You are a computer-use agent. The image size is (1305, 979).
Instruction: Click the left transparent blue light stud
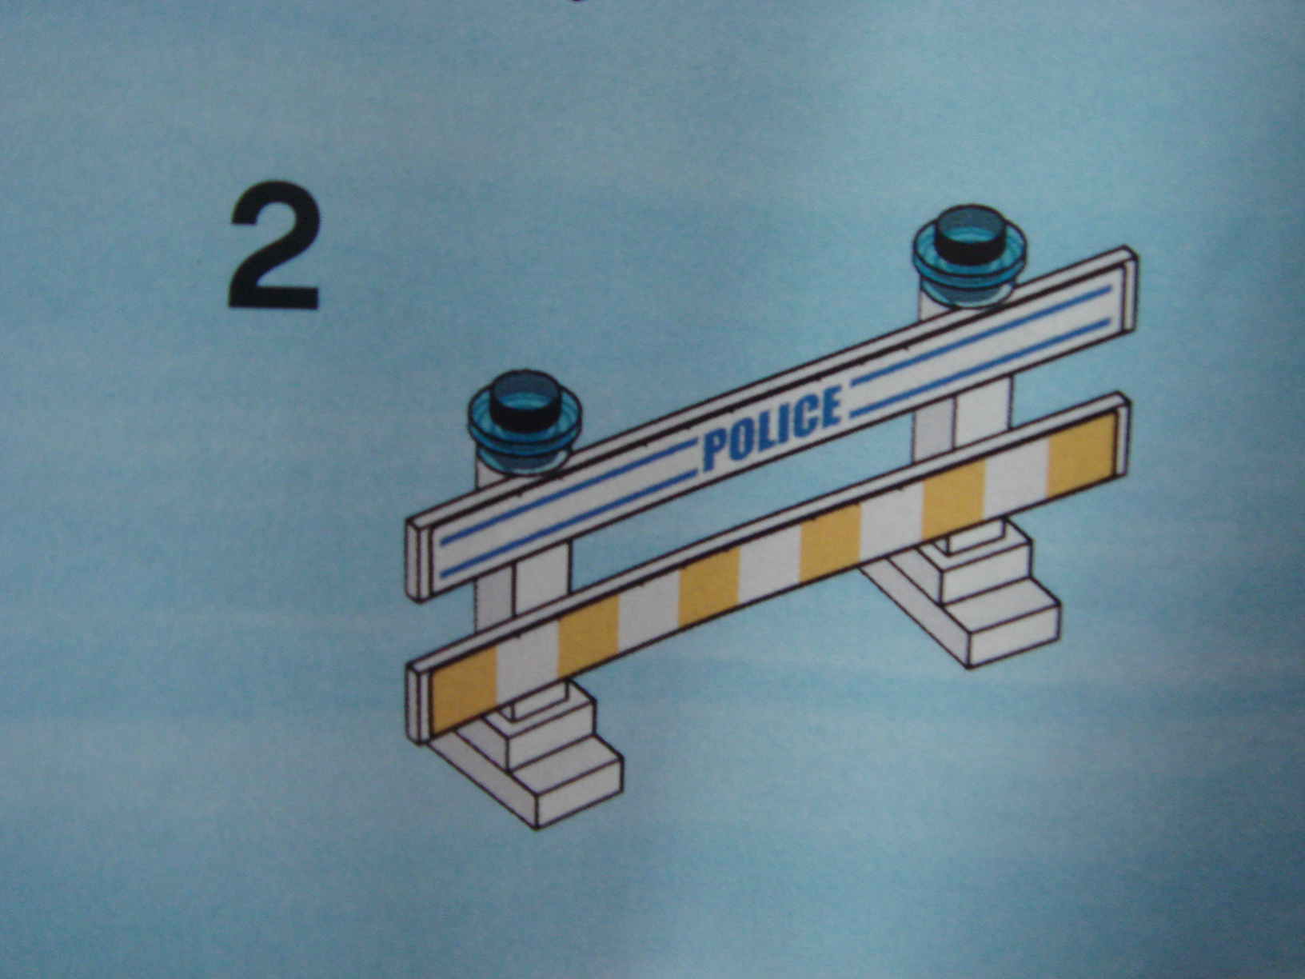[524, 422]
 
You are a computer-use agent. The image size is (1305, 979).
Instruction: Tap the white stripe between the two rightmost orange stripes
[1016, 478]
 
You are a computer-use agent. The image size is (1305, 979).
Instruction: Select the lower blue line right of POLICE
[981, 366]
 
